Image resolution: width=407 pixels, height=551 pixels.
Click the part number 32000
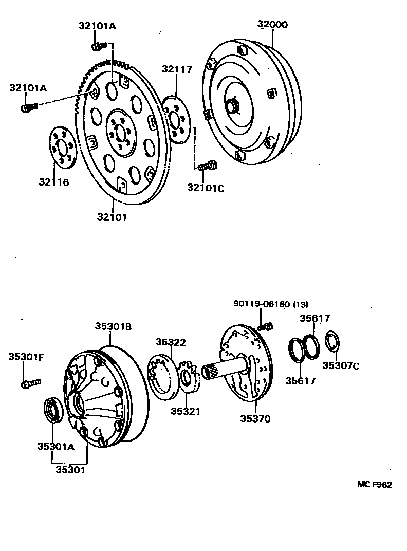[272, 25]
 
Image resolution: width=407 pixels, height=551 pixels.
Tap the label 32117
[176, 69]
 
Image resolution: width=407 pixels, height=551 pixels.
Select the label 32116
[53, 182]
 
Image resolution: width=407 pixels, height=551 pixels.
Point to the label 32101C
[206, 188]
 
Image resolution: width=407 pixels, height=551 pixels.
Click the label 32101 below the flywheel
[112, 217]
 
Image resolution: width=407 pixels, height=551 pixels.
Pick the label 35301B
[113, 326]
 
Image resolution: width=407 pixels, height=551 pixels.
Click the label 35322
[171, 342]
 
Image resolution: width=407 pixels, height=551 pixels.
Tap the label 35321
[186, 411]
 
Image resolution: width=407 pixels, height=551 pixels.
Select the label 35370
[255, 418]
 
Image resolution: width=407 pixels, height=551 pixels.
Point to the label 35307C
[341, 366]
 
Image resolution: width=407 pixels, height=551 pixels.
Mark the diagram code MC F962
[375, 485]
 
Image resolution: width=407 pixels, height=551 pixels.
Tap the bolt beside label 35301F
[31, 383]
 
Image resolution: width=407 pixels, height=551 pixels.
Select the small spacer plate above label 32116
[63, 149]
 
